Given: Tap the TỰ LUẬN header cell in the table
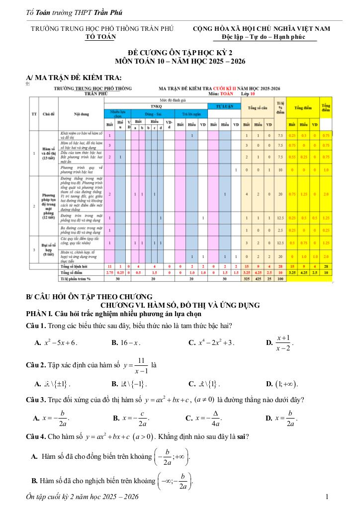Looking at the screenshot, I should click(224, 106).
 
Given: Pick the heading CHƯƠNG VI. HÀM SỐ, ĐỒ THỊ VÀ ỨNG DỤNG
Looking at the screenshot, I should click(180, 305).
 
